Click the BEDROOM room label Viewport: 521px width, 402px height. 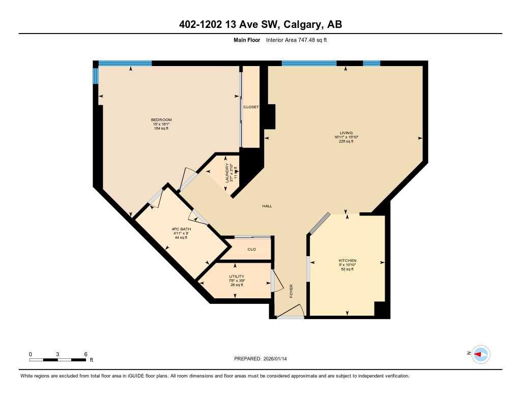[x=161, y=119]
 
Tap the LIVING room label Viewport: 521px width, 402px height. [x=346, y=133]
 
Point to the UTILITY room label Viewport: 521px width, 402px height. [x=237, y=276]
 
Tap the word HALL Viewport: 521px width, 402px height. [x=267, y=206]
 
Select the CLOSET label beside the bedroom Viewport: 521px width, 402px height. [x=251, y=107]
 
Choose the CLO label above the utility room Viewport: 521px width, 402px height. [x=251, y=249]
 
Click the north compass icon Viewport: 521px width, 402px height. [x=480, y=354]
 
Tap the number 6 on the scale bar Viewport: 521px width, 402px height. [x=85, y=354]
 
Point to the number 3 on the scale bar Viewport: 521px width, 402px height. [x=58, y=354]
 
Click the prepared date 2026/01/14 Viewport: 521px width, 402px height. [x=279, y=359]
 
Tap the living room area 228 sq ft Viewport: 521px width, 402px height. [x=346, y=141]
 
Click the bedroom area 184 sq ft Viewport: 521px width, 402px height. [x=161, y=128]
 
